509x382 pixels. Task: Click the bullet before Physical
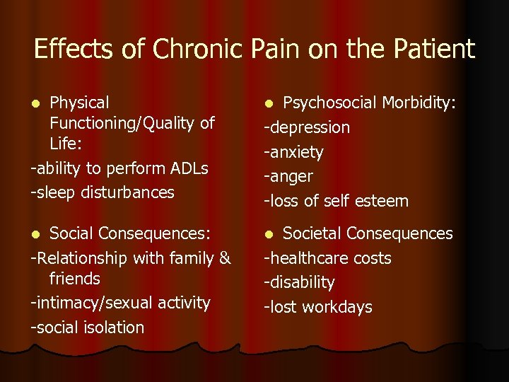tap(37, 104)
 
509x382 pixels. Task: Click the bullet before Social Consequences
tap(37, 234)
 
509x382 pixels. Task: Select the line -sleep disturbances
tap(103, 192)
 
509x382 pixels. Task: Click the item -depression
tap(307, 127)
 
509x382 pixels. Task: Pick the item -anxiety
tap(293, 152)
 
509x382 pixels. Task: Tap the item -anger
tap(288, 176)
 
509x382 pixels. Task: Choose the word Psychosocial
tap(329, 103)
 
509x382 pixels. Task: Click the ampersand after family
tap(225, 258)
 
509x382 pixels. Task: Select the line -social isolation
tap(88, 328)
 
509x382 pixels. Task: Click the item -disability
tap(299, 282)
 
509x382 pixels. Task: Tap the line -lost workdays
tap(318, 307)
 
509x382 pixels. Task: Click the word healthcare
tap(308, 258)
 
